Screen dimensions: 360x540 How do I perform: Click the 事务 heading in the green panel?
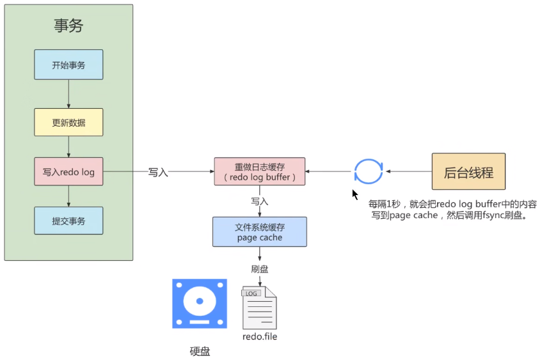point(68,26)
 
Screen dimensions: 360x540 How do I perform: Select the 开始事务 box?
point(68,65)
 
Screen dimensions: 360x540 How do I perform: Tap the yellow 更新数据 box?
point(68,121)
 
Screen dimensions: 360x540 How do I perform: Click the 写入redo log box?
point(68,172)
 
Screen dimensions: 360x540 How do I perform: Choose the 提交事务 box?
point(68,221)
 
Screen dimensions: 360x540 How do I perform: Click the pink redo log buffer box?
point(260,171)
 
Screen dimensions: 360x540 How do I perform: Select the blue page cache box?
point(260,231)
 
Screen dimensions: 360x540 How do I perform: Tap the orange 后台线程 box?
point(468,171)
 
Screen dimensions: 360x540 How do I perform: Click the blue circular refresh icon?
point(369,171)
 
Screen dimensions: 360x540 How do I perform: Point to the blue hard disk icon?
point(199,304)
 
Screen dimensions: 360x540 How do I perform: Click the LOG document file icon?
point(259,308)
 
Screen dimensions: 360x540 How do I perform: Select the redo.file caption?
point(260,336)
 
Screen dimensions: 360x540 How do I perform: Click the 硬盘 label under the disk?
point(200,351)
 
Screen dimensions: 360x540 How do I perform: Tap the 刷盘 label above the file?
point(260,269)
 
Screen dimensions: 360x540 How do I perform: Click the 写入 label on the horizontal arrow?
point(158,172)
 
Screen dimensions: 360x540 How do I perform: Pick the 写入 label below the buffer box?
point(260,201)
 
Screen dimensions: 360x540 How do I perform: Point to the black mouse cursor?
point(355,194)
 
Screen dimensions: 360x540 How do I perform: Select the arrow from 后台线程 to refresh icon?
point(408,171)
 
